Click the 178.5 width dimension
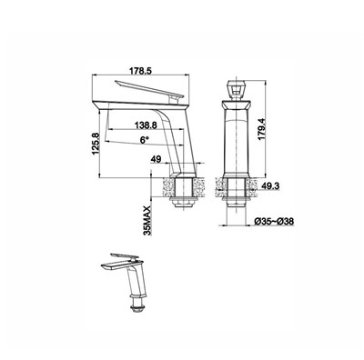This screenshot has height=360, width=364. point(140,71)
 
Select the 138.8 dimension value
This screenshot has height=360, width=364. point(146,125)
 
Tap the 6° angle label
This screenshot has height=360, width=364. point(145,140)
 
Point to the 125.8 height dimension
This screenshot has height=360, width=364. point(96,144)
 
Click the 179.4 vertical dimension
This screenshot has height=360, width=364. point(262,129)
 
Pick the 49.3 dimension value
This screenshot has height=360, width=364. point(270,186)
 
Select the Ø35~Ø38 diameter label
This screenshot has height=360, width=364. point(274,222)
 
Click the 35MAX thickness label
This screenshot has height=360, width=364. point(147,220)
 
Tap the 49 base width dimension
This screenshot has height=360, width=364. point(157,159)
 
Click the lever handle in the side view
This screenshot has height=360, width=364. point(149,90)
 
